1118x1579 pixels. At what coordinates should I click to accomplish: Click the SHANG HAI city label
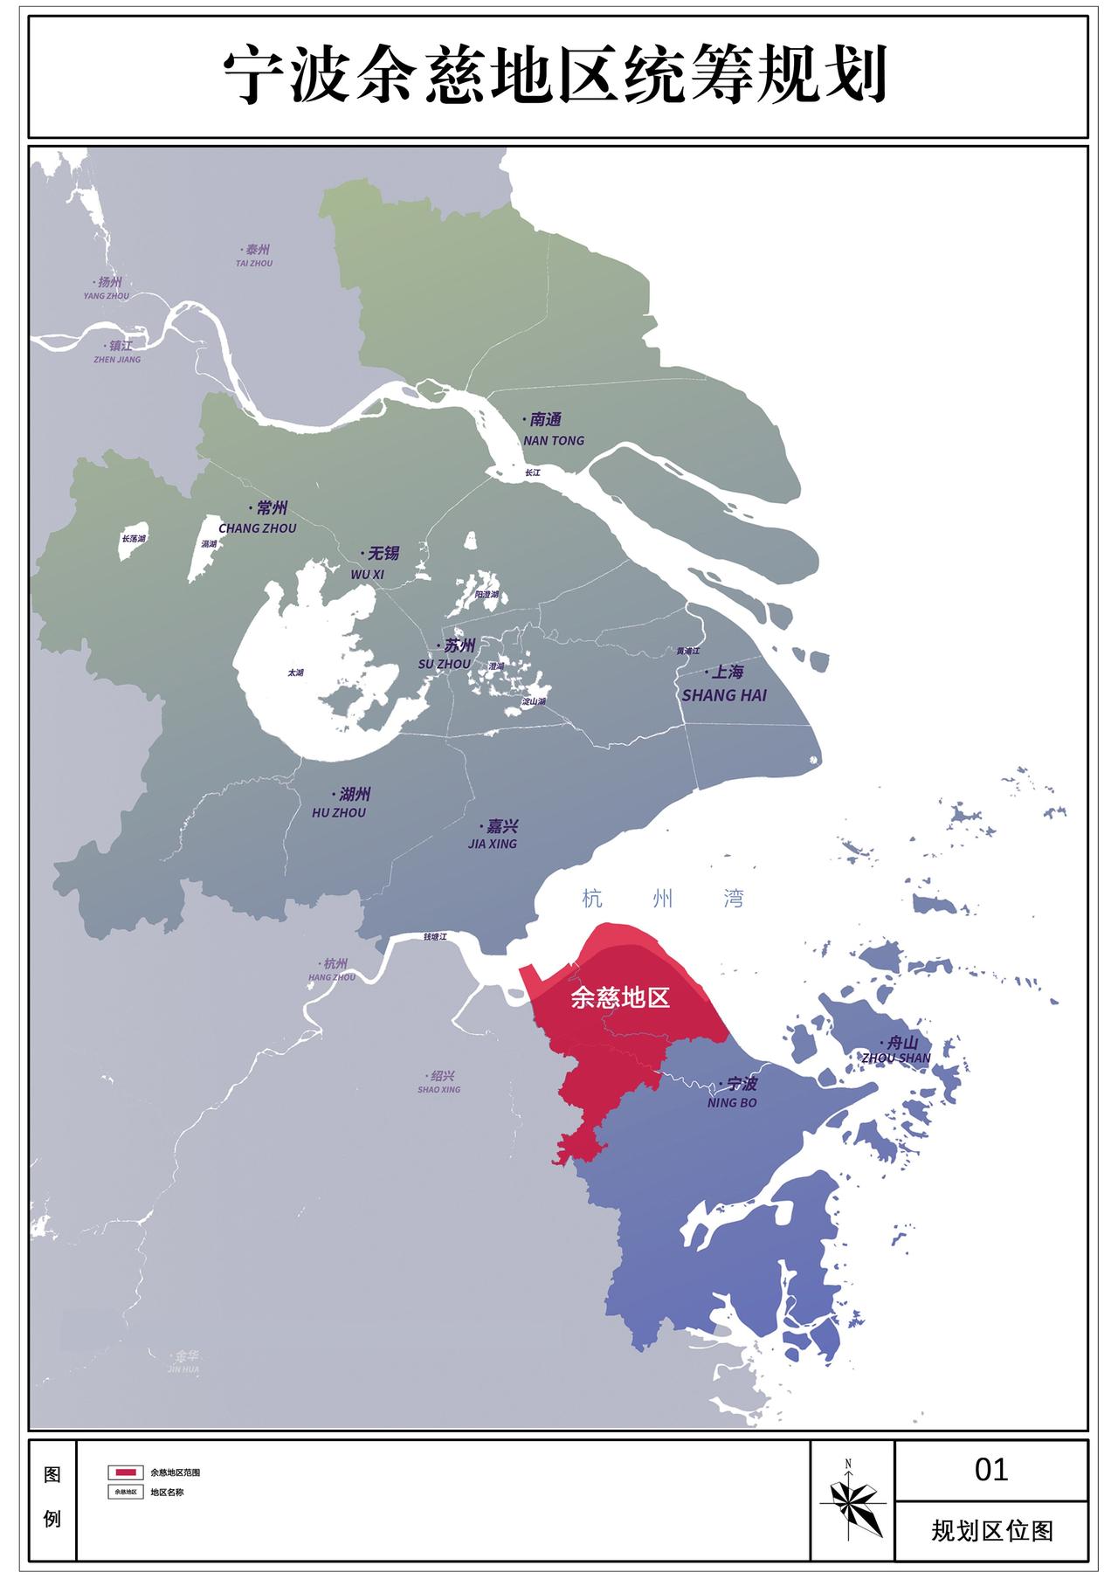(x=724, y=694)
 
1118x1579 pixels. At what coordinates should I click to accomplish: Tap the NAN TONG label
(x=554, y=440)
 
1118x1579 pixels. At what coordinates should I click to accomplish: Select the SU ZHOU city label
(x=444, y=664)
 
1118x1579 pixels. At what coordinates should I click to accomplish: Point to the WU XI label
(x=367, y=575)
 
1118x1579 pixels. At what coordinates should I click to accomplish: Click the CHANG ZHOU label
(x=257, y=528)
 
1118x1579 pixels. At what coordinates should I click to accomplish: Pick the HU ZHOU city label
(x=339, y=812)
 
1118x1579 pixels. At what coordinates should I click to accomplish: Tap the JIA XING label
(x=493, y=844)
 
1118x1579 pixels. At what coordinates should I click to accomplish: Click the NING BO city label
(x=732, y=1103)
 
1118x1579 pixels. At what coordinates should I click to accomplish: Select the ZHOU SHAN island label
(x=896, y=1058)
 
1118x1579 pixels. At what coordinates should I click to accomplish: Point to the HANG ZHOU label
(x=332, y=977)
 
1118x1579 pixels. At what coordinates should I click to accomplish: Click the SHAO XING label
(x=438, y=1090)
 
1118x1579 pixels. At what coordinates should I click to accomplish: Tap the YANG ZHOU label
(x=107, y=296)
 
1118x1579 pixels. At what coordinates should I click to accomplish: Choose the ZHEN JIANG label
(x=117, y=360)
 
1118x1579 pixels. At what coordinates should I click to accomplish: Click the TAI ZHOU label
(x=254, y=264)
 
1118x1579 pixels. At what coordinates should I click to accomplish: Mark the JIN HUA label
(x=183, y=1369)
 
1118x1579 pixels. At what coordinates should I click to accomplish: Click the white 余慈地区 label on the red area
(x=620, y=997)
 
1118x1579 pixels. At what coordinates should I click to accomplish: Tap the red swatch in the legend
(x=124, y=1472)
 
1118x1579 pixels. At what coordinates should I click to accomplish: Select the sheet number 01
(x=991, y=1470)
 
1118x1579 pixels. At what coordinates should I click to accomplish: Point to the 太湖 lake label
(x=296, y=672)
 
